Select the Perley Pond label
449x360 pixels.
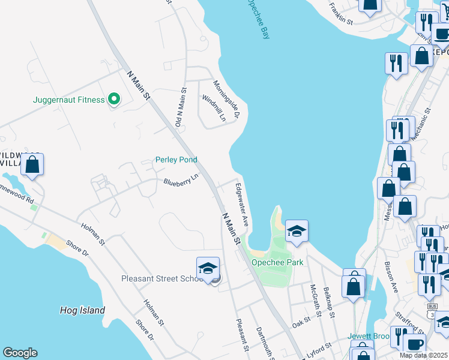pos(176,160)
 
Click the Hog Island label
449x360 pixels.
pos(83,310)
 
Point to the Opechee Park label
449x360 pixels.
pos(277,262)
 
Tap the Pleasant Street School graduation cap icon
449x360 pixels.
pos(208,268)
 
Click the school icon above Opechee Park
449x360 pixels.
pos(297,231)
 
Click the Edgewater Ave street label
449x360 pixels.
pos(242,204)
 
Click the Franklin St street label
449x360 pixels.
pos(340,13)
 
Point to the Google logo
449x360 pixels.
pos(20,353)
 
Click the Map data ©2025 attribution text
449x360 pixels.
pos(423,355)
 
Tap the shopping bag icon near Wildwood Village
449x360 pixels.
pos(32,165)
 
